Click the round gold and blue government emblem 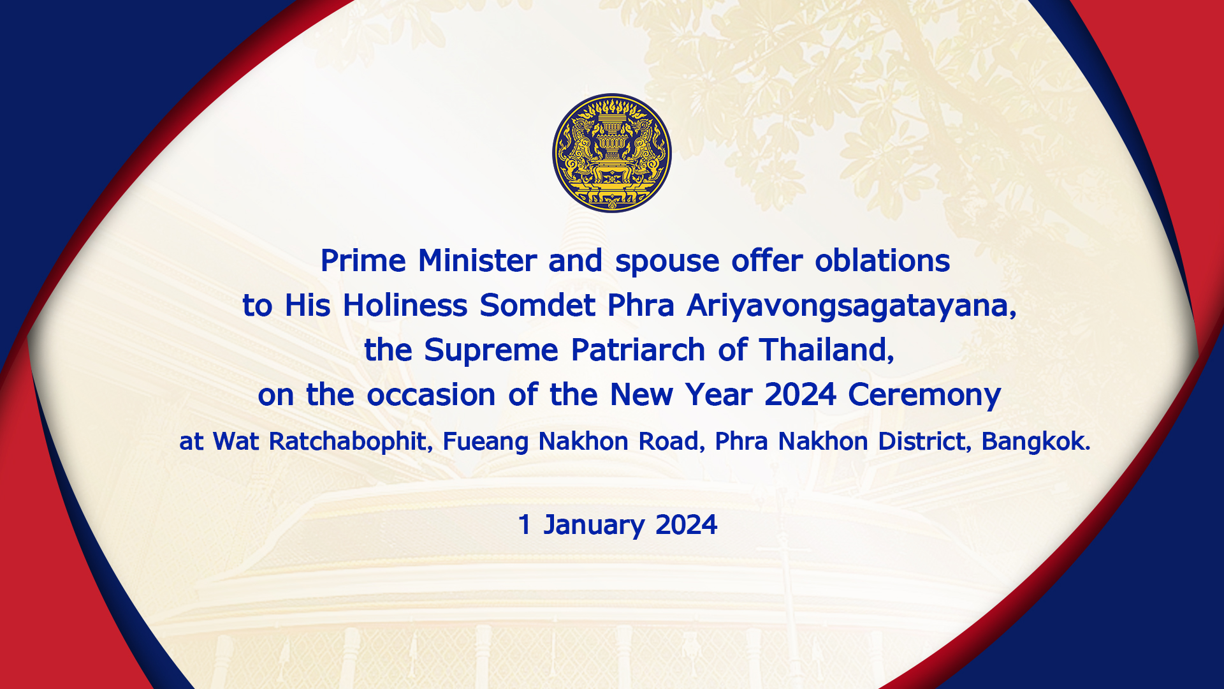point(612,153)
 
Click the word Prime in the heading point(363,260)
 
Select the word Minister point(477,260)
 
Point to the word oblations point(882,260)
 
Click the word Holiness point(405,305)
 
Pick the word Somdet point(537,305)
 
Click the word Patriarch point(638,350)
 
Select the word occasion point(431,395)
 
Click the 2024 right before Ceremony point(800,394)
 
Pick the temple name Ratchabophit point(348,441)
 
